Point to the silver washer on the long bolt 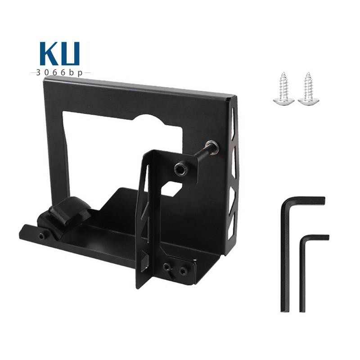[x=211, y=147]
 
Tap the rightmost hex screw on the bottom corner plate [x=184, y=271]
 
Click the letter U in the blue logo [x=71, y=54]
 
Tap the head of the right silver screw [x=307, y=101]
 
